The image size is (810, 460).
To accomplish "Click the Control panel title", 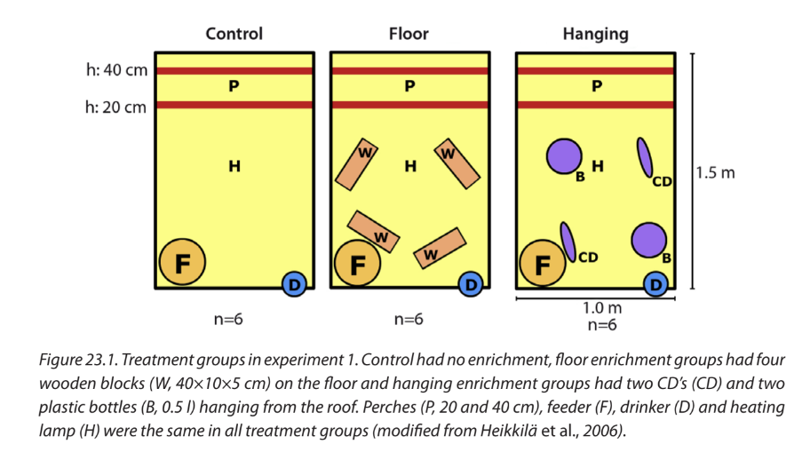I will pos(234,34).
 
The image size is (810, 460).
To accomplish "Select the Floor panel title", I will pos(409,34).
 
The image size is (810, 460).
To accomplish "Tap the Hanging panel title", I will pos(595,34).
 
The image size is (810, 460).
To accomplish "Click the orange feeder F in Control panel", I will pos(183,263).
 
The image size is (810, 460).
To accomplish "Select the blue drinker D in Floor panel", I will pos(471,284).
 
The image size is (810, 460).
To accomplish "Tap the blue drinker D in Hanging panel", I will pos(656,284).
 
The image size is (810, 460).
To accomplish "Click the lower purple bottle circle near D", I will pos(648,239).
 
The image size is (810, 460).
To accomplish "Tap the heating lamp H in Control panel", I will pos(234,165).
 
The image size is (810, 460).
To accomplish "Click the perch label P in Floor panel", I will pos(409,87).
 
